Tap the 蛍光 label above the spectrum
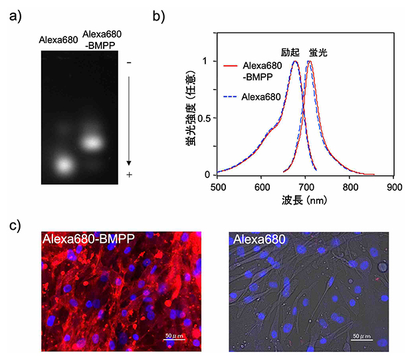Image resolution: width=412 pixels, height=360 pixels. pyautogui.click(x=318, y=51)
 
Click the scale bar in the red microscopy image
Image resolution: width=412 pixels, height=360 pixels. pyautogui.click(x=175, y=339)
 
